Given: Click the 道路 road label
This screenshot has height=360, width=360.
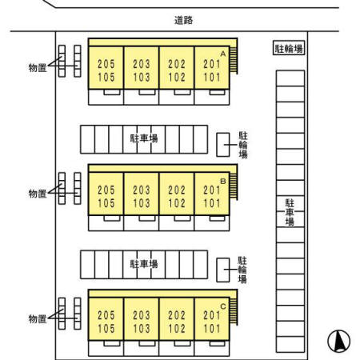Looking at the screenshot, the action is [183, 20].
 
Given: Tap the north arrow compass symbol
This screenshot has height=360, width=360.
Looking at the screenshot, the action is [339, 341].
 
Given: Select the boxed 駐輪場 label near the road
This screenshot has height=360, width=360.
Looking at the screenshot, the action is [289, 48].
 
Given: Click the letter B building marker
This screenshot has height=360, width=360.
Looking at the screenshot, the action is [223, 182].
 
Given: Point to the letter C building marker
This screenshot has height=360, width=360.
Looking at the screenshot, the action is [223, 306].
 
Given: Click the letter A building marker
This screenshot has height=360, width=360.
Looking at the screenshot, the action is [223, 54].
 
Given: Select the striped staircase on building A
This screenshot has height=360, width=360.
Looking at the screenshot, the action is [234, 61].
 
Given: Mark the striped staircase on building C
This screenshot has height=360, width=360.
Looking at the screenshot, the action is [234, 311].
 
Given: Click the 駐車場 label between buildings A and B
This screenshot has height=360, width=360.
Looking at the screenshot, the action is [144, 138].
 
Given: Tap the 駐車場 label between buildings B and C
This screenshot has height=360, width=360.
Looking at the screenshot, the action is [144, 264].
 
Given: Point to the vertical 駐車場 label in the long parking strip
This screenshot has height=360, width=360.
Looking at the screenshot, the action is [290, 212].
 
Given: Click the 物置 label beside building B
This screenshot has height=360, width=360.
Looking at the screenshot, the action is [38, 194].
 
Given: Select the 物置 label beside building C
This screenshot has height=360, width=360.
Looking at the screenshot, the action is [38, 319].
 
